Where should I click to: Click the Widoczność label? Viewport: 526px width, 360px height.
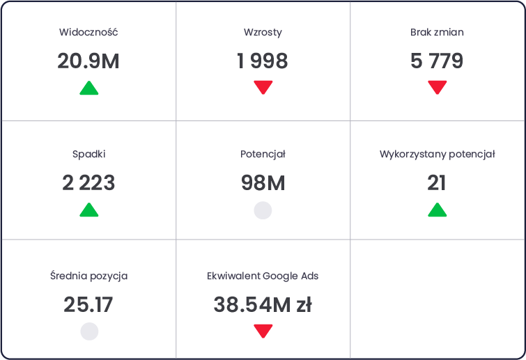[x=88, y=32]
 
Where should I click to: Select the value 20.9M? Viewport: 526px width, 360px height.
[x=88, y=61]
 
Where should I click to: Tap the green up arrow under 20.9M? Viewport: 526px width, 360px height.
[x=89, y=88]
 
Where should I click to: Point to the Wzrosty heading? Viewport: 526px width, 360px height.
[x=263, y=33]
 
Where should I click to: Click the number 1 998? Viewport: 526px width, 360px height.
[x=263, y=61]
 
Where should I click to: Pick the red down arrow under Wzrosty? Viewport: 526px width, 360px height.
[x=263, y=88]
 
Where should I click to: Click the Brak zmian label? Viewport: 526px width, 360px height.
[x=437, y=32]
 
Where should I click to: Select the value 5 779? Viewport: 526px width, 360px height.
[x=437, y=61]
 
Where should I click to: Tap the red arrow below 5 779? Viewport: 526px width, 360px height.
[x=438, y=88]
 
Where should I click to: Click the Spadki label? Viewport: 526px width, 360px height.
[x=89, y=154]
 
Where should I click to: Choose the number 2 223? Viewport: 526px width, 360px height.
[x=88, y=183]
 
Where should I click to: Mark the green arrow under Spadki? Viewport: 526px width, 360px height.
[x=89, y=210]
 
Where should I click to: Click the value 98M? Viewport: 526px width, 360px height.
[x=263, y=183]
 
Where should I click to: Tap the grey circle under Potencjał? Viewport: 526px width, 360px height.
[x=263, y=210]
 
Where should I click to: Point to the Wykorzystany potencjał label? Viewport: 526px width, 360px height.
[x=437, y=154]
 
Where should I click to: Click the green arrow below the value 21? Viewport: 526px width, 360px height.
[x=438, y=210]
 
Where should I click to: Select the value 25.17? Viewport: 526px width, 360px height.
[x=88, y=305]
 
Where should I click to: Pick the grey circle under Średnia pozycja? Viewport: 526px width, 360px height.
[x=90, y=331]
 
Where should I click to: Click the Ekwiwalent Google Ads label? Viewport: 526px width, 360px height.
[x=263, y=276]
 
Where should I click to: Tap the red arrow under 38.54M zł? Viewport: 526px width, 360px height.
[x=263, y=331]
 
